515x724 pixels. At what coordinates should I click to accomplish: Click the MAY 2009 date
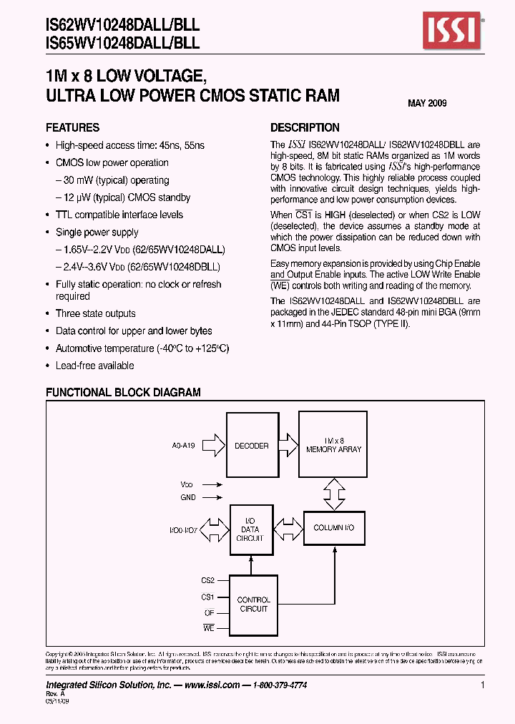point(427,104)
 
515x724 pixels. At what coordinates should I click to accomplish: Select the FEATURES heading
point(72,128)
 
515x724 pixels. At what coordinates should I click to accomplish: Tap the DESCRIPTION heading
point(305,128)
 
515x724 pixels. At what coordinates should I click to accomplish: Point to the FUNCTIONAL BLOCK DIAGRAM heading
point(123,393)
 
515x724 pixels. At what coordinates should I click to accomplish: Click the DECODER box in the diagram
point(251,445)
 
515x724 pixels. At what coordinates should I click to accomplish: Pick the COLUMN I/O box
point(333,528)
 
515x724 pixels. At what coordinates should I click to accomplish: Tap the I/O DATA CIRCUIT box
point(250,529)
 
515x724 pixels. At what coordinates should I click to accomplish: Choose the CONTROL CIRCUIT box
point(252,605)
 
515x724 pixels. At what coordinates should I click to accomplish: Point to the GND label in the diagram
point(187,497)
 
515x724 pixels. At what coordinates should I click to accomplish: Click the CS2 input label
point(207,580)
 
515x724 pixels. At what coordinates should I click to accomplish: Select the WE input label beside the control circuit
point(208,627)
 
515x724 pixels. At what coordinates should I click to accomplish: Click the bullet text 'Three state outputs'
point(95,313)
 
